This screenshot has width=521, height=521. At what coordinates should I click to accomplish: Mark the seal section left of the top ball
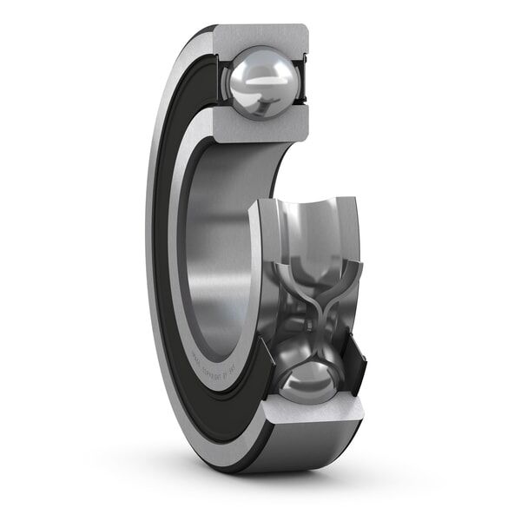pyautogui.click(x=217, y=82)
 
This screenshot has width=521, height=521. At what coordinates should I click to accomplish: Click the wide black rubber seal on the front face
pyautogui.click(x=174, y=260)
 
